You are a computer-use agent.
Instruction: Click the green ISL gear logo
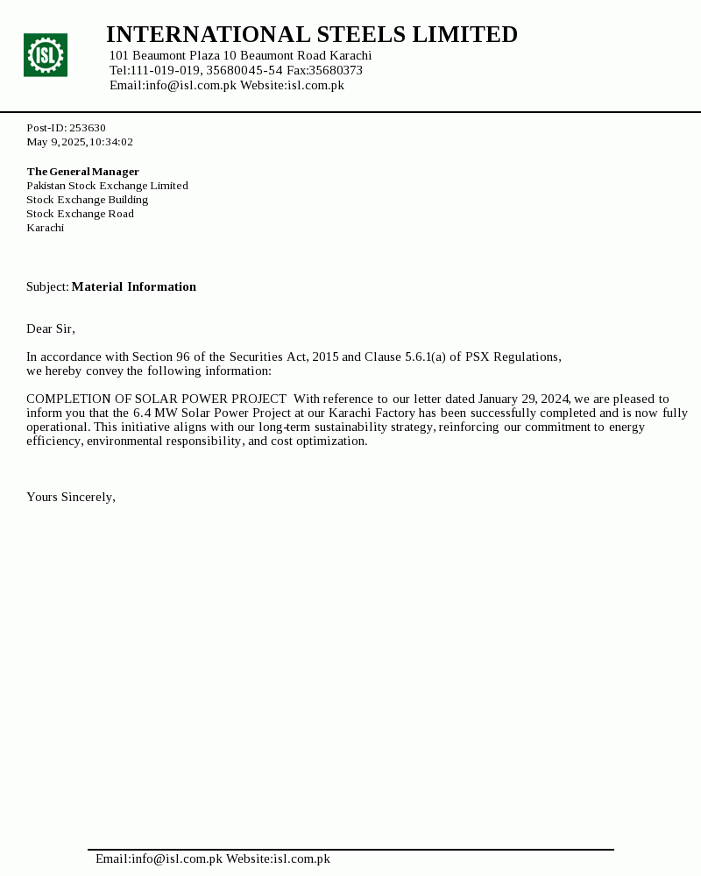point(46,55)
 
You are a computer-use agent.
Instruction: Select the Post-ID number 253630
point(88,128)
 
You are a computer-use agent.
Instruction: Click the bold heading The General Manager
point(82,172)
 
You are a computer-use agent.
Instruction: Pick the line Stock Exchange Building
point(87,200)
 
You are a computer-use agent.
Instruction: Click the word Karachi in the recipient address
point(45,228)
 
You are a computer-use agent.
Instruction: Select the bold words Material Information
point(133,286)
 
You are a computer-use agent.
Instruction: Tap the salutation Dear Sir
point(50,328)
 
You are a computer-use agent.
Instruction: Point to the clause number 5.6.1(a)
point(425,357)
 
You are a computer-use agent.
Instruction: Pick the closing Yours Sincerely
point(70,497)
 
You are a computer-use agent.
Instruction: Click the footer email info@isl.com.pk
point(177,858)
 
